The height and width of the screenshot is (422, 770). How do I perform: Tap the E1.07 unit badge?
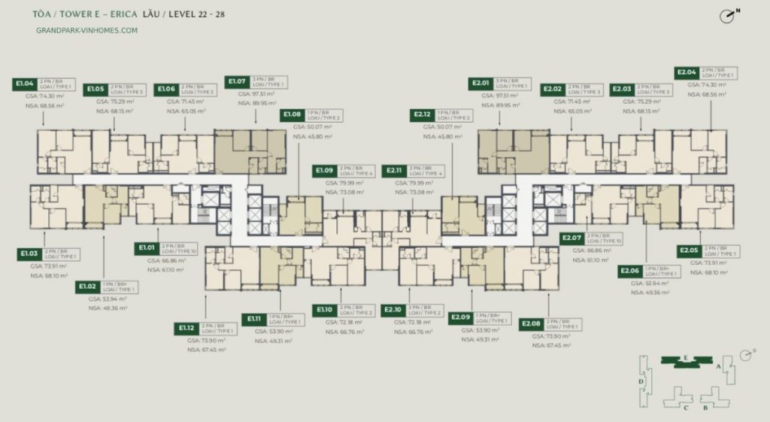[x=237, y=81]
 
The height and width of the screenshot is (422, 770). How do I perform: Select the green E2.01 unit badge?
[x=480, y=83]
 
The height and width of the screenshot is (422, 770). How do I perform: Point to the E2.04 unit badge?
[x=687, y=73]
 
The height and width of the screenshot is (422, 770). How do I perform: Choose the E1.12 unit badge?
[x=187, y=328]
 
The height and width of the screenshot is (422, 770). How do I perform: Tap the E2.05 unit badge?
[x=690, y=250]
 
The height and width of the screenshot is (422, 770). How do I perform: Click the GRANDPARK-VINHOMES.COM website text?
[x=86, y=31]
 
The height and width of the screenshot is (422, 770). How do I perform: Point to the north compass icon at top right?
[x=726, y=16]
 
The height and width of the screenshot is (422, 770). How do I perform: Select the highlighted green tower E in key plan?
[x=686, y=360]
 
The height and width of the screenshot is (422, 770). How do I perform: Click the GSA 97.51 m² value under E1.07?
[x=256, y=94]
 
